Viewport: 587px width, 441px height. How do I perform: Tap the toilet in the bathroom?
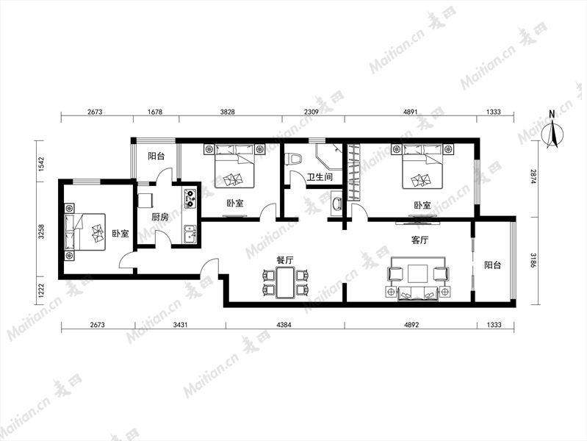coord(293,159)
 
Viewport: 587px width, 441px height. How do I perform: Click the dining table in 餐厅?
coord(285,282)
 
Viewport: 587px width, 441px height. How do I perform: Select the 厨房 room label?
coord(160,217)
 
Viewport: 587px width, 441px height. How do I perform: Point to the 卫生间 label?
coord(320,176)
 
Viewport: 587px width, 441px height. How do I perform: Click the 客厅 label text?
coord(419,240)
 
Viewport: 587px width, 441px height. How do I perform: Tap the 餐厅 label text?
coord(285,260)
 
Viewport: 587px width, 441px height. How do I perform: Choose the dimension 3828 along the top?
coord(228,112)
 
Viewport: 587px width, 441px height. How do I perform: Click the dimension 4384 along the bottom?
coord(284,325)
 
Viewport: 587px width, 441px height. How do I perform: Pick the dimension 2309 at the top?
coord(311,112)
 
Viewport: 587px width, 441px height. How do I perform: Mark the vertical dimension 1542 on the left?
coord(42,164)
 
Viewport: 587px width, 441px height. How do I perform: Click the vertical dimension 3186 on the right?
coord(533,260)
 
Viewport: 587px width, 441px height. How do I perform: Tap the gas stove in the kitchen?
coord(190,198)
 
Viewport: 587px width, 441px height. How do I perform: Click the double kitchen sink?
coord(190,234)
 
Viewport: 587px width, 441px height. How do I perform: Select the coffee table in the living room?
coord(418,273)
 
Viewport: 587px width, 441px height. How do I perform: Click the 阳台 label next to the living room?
coord(492,265)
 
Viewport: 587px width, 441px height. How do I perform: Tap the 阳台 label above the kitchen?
coord(156,156)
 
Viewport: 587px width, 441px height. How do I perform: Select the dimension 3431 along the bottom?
coord(180,325)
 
